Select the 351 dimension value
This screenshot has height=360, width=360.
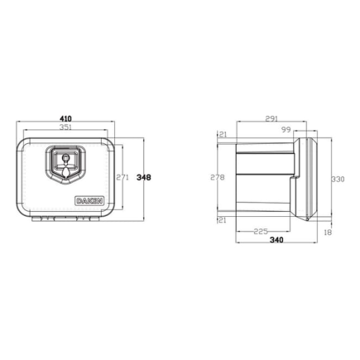tap(65, 129)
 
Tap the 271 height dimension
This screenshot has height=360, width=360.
tap(122, 177)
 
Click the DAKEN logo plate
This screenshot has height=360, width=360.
tap(90, 199)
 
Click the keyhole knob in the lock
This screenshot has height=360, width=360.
tap(65, 159)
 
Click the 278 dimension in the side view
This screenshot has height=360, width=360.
tap(218, 177)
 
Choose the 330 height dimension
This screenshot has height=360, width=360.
tap(336, 177)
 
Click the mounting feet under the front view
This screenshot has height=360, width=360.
tap(65, 220)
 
